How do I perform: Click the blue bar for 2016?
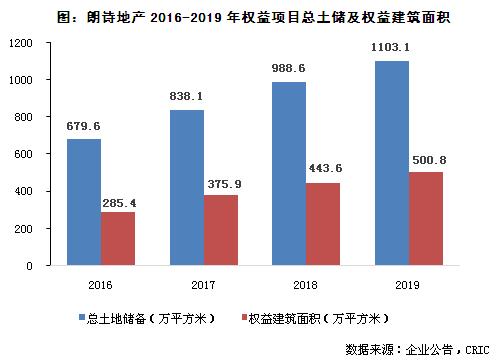(x=84, y=202)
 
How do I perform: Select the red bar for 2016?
(x=117, y=239)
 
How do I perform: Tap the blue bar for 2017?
(x=186, y=188)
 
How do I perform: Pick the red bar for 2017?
(x=220, y=230)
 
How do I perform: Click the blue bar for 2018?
(x=288, y=174)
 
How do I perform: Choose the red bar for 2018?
(x=322, y=224)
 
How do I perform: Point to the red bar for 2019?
(x=424, y=219)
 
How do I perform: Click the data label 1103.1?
(x=391, y=47)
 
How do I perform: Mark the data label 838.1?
(x=187, y=97)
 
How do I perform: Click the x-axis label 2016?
(x=100, y=284)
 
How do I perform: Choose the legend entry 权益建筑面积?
(x=321, y=319)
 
